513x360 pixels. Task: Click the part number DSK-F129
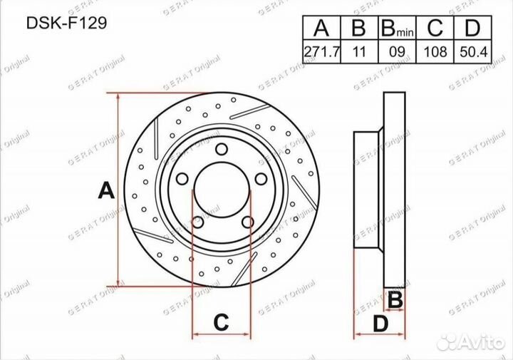coord(66,24)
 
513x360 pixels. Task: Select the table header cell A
coord(321,28)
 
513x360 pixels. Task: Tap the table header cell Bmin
coord(397,28)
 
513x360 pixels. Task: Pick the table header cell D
coord(472,28)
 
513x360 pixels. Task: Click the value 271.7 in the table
coord(322,52)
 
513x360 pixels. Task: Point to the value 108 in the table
coord(435,52)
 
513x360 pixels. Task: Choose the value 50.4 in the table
coord(473,52)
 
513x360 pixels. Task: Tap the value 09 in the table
coord(397,52)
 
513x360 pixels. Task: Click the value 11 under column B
coord(359,52)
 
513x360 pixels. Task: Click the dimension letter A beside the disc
coord(106,191)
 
